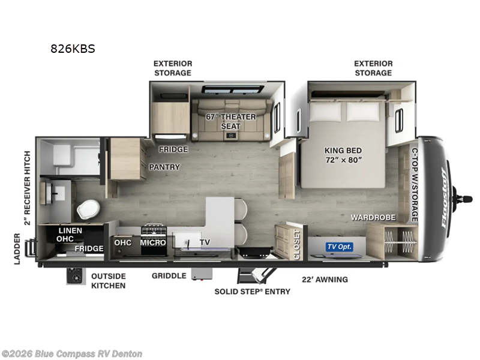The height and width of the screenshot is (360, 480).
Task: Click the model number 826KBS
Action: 73,49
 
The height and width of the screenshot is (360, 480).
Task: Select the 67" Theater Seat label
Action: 231,121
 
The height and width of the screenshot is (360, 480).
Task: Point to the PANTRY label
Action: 164,167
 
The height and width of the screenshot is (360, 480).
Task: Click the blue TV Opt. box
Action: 339,247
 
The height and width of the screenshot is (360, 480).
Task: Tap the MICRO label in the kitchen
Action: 153,243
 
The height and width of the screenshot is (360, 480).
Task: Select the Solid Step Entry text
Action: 253,292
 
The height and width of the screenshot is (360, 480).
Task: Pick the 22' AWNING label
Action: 325,280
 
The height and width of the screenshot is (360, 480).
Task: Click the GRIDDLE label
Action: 168,277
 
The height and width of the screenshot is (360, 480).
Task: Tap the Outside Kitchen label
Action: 108,281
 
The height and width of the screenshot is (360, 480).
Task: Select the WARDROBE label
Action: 373,217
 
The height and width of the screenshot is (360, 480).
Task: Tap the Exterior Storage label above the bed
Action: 373,68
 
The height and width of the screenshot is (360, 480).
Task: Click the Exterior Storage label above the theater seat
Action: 172,68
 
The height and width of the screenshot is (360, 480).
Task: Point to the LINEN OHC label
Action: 70,235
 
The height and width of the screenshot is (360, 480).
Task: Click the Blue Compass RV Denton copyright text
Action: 72,354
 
